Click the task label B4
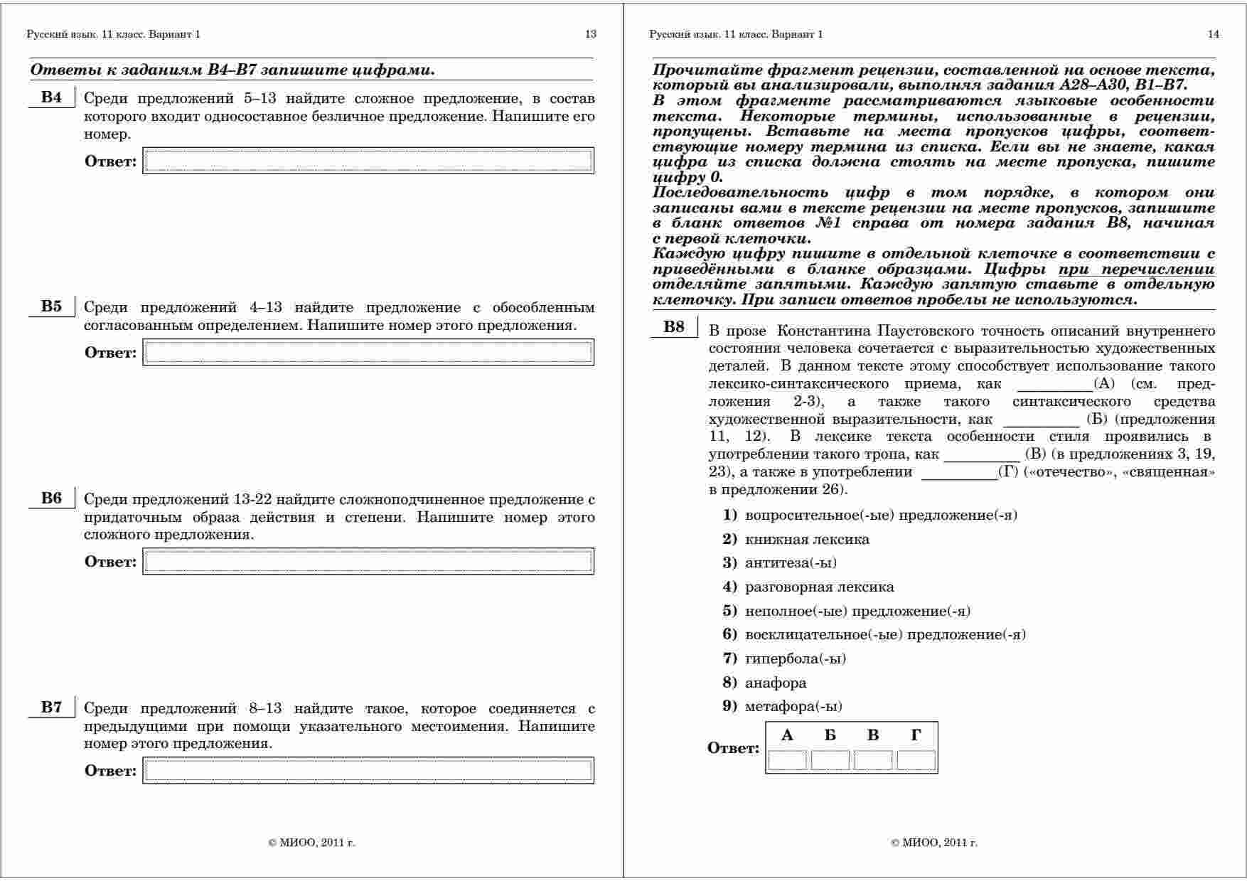click(x=51, y=97)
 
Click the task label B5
click(x=51, y=306)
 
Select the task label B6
click(x=51, y=498)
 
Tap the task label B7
click(x=51, y=707)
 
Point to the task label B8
click(x=674, y=326)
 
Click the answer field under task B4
click(x=368, y=161)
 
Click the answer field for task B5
click(x=368, y=352)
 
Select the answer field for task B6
click(x=368, y=561)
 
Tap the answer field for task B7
click(x=368, y=770)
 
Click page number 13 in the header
click(x=590, y=34)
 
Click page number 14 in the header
click(x=1213, y=34)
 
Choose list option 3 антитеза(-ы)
click(x=790, y=563)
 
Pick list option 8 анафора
click(x=775, y=683)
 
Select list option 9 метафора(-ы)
click(x=793, y=706)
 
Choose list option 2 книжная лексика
click(x=806, y=539)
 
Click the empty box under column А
click(x=788, y=760)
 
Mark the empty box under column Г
click(x=916, y=760)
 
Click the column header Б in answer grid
click(x=830, y=735)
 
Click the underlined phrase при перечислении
click(x=1136, y=269)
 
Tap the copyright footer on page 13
click(x=311, y=843)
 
